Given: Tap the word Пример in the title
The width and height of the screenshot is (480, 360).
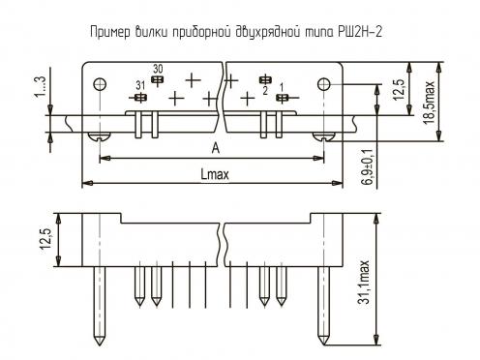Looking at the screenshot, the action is (110, 33).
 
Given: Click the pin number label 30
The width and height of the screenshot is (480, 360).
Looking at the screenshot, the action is (158, 69).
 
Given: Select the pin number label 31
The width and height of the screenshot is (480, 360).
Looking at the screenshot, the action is (140, 86).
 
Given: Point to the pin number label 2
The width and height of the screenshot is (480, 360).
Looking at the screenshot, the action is (265, 91).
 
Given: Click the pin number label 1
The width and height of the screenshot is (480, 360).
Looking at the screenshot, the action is (282, 87).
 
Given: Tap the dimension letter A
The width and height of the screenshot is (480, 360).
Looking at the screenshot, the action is (216, 148).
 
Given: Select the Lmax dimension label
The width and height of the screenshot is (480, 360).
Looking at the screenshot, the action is (215, 174).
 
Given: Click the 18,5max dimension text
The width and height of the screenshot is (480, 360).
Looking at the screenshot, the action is (430, 104).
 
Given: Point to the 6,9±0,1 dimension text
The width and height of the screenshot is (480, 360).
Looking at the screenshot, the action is (368, 166).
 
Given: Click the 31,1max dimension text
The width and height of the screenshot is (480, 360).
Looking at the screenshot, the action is (364, 282).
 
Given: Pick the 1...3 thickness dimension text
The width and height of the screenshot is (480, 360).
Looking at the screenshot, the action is (41, 86).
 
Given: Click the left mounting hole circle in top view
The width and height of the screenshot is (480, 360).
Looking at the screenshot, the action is (100, 84).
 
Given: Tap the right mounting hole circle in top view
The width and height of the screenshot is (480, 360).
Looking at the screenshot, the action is (323, 84).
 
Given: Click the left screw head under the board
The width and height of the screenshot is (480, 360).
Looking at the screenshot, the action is (100, 136).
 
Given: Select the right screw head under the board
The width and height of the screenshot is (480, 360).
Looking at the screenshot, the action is (323, 136).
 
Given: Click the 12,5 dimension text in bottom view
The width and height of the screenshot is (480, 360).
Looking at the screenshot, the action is (45, 240).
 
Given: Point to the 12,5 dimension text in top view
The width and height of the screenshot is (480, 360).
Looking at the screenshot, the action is (399, 90).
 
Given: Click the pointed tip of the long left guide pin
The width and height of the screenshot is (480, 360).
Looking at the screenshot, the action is (99, 345).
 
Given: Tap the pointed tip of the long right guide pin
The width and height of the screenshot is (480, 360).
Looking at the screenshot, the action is (323, 345).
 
